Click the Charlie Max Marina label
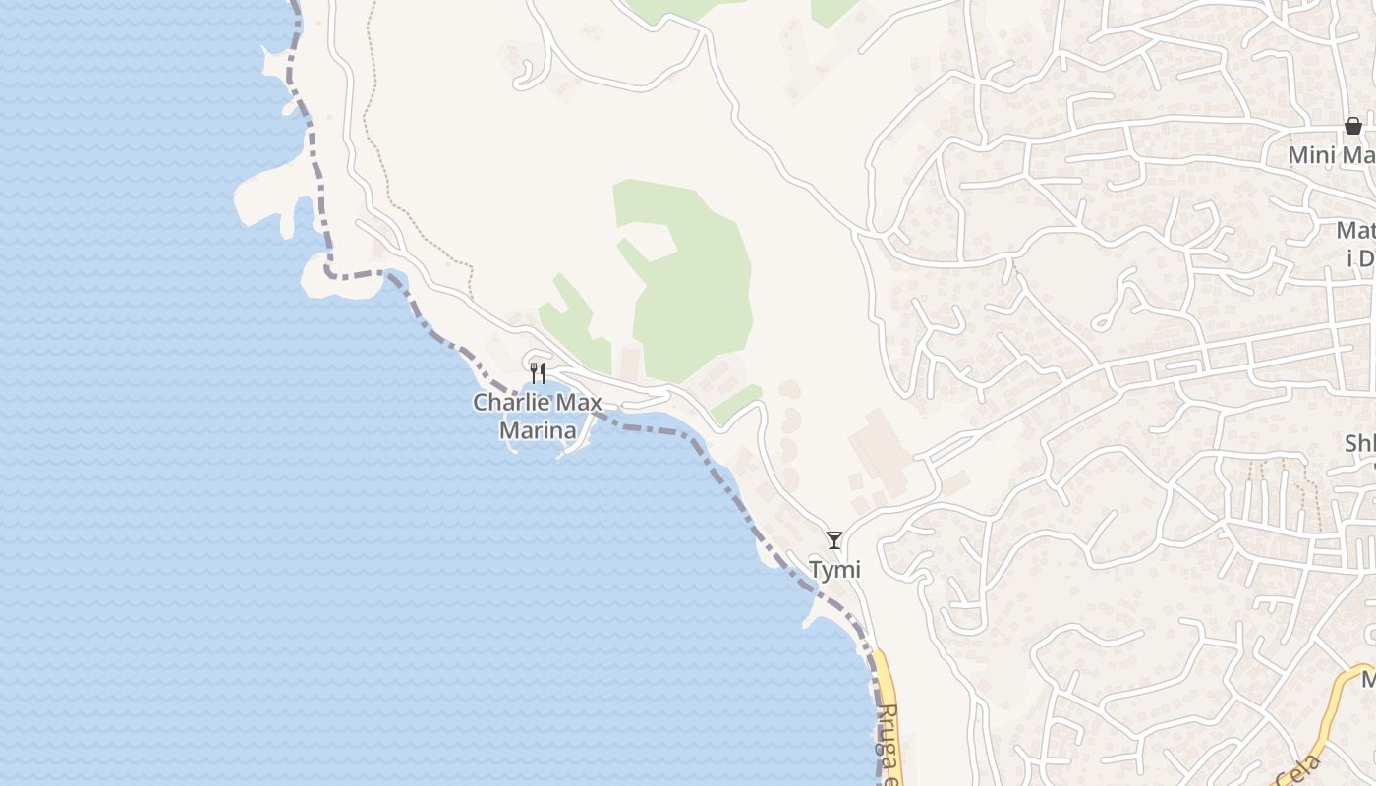point(537,416)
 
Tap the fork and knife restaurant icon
point(538,373)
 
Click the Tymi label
point(834,570)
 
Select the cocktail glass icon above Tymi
point(834,539)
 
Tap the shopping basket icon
point(1353,126)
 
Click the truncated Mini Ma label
point(1332,155)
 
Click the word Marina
point(538,429)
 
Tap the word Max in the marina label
point(580,402)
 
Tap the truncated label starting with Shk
point(1359,444)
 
